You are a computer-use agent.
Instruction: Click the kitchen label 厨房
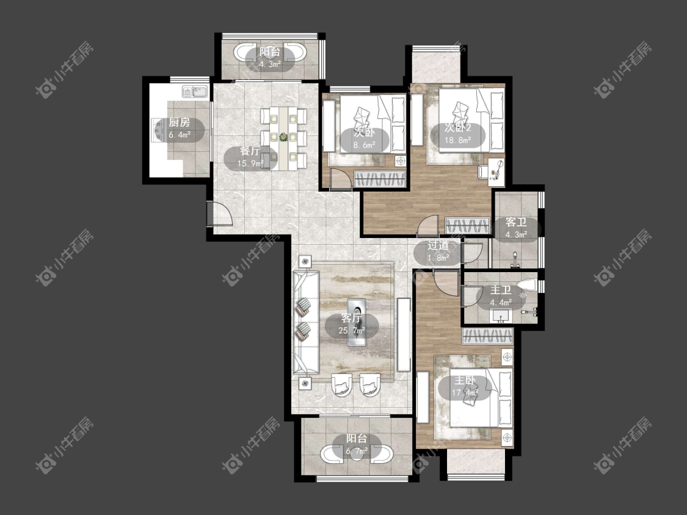click(180, 123)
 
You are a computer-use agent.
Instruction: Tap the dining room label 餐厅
click(250, 151)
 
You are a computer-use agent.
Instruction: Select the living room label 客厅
click(352, 319)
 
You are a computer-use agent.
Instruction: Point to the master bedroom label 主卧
click(465, 380)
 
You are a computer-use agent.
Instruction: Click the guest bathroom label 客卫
click(516, 223)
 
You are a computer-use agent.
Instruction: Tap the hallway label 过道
click(438, 246)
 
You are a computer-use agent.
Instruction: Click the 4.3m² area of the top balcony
click(269, 64)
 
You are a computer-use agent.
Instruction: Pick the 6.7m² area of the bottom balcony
click(357, 450)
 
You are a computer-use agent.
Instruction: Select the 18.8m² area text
click(458, 140)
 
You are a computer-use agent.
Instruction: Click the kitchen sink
click(195, 92)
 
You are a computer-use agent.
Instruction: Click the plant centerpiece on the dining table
click(283, 137)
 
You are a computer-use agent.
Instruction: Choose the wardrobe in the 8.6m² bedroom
click(380, 179)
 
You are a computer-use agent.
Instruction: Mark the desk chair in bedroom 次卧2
click(484, 171)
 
